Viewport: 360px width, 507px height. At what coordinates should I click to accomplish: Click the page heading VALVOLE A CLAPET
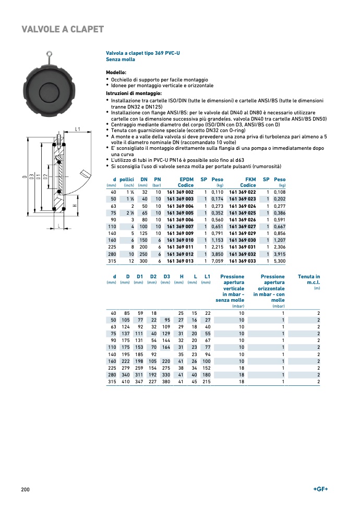(x=63, y=29)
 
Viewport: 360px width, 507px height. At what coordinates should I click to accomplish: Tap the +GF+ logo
(x=320, y=489)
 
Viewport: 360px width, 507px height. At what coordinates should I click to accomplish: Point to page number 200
(x=25, y=489)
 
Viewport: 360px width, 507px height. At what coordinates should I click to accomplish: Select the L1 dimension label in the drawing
(x=77, y=128)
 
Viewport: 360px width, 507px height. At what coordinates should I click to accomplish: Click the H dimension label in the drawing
(x=75, y=206)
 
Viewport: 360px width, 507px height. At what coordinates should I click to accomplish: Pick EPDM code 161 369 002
(x=180, y=193)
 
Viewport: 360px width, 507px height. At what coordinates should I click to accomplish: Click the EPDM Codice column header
(x=186, y=182)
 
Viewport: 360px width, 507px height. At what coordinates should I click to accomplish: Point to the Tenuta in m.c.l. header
(x=309, y=280)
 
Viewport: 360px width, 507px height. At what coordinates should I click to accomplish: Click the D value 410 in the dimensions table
(x=125, y=382)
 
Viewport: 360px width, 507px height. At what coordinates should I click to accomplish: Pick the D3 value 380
(x=166, y=382)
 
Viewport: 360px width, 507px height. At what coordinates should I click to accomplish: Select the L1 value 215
(x=206, y=382)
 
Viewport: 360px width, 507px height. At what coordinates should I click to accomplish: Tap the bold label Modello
(x=116, y=73)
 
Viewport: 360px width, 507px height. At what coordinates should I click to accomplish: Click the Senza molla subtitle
(x=121, y=60)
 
